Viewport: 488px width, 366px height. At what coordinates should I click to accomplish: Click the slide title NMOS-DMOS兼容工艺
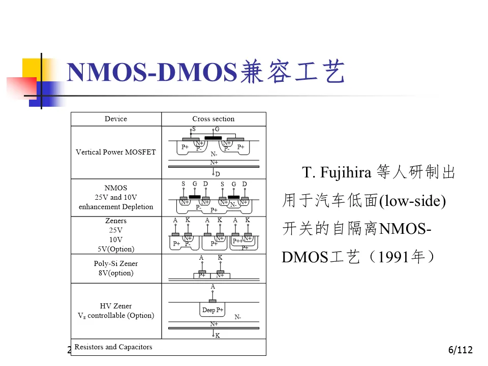pos(206,73)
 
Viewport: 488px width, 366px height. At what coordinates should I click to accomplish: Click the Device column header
pos(116,119)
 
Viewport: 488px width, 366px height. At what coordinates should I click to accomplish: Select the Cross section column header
pos(213,119)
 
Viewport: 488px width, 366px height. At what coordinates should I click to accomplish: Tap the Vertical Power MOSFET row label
pos(116,152)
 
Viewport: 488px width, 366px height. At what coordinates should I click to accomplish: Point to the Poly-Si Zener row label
pos(116,264)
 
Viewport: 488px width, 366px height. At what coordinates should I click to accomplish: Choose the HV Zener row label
pos(116,306)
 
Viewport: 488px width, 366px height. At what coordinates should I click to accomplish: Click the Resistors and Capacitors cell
pos(113,347)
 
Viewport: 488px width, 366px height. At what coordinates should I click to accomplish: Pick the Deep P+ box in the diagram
pos(213,310)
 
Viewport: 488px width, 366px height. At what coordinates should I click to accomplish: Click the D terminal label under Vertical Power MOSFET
pos(218,174)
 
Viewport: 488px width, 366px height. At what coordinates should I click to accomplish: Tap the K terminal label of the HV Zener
pos(218,335)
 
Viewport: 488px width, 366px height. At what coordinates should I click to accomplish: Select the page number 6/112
pos(461,350)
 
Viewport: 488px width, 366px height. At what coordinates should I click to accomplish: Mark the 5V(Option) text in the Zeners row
pos(116,249)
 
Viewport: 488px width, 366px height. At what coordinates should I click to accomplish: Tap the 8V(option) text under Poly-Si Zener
pos(116,273)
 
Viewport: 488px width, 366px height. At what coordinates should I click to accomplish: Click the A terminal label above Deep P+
pos(213,287)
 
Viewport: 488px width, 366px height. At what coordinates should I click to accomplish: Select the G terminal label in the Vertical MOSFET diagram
pos(217,130)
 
